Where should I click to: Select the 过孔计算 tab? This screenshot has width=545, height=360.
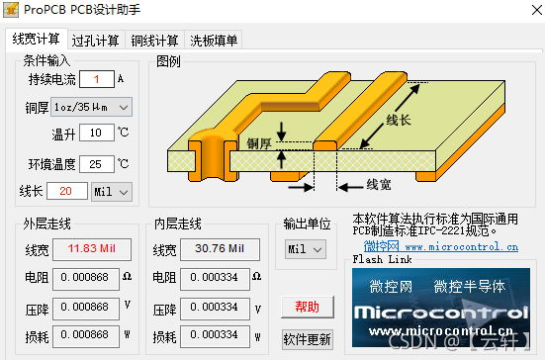pyautogui.click(x=96, y=41)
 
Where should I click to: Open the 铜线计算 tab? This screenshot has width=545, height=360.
pyautogui.click(x=155, y=41)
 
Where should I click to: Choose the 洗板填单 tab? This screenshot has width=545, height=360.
pyautogui.click(x=214, y=41)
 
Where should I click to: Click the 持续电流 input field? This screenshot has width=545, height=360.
pyautogui.click(x=97, y=79)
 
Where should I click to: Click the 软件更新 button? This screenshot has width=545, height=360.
pyautogui.click(x=307, y=339)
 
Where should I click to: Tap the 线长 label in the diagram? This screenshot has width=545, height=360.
pyautogui.click(x=399, y=121)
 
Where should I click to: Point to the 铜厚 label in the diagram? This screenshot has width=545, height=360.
pyautogui.click(x=260, y=143)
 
